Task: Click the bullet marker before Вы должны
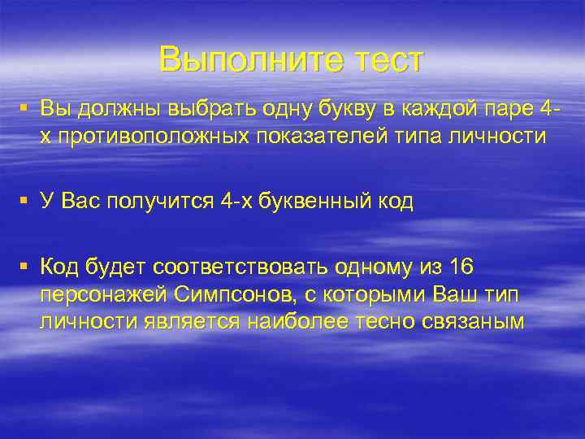(x=27, y=109)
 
